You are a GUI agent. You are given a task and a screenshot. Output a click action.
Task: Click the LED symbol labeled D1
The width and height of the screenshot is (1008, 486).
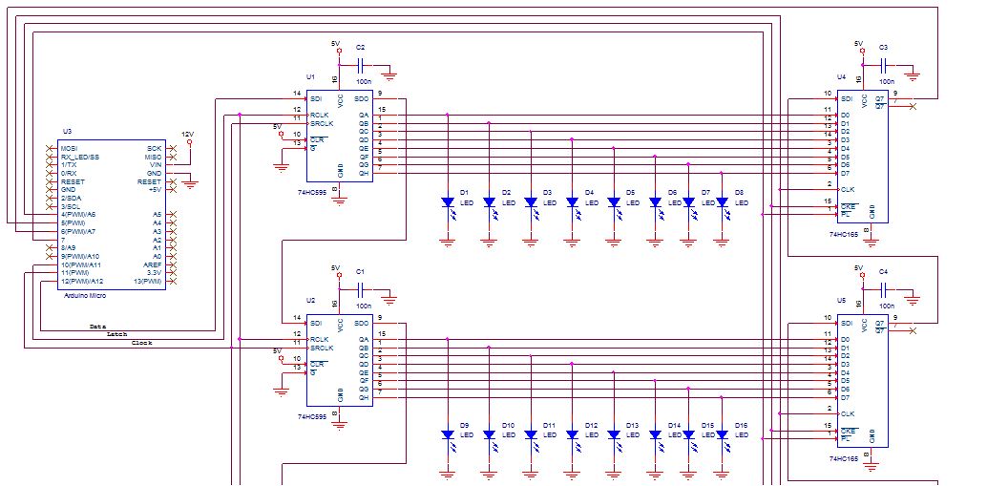point(447,201)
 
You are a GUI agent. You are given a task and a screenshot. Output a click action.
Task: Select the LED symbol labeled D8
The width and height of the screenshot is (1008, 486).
point(723,201)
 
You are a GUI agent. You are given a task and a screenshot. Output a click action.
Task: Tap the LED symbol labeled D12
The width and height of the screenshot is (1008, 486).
point(572,434)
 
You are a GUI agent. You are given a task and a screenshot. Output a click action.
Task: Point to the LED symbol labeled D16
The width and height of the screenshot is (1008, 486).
point(723,434)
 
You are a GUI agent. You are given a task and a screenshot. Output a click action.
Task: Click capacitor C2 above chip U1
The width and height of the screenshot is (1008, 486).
point(361,65)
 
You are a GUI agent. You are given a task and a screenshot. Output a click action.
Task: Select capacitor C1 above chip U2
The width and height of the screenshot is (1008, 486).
point(361,290)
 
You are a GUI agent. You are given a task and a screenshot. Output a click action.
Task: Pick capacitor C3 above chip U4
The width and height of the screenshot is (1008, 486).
point(884,65)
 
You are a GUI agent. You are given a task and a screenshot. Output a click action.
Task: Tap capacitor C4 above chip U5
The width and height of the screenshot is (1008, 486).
point(884,290)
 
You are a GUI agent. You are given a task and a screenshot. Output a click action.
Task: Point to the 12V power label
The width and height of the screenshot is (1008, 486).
point(188,135)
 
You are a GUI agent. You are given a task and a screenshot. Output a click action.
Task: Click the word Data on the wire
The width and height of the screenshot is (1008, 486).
point(96,327)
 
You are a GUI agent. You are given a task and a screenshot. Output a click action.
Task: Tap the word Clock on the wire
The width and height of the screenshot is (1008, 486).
point(141,342)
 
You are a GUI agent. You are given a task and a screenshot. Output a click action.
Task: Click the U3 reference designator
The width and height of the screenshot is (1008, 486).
point(67,130)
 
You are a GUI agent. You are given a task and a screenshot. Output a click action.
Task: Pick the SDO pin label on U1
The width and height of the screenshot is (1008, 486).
point(361,98)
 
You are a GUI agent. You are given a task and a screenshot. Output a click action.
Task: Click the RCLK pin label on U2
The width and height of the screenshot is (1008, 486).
point(321,339)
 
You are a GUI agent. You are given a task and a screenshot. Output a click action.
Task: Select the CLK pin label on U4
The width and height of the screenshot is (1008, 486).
point(847,189)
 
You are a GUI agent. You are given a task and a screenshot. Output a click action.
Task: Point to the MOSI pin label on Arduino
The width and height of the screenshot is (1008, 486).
point(69,148)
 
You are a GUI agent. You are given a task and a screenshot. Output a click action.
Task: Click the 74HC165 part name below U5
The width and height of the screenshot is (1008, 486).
point(845,458)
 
